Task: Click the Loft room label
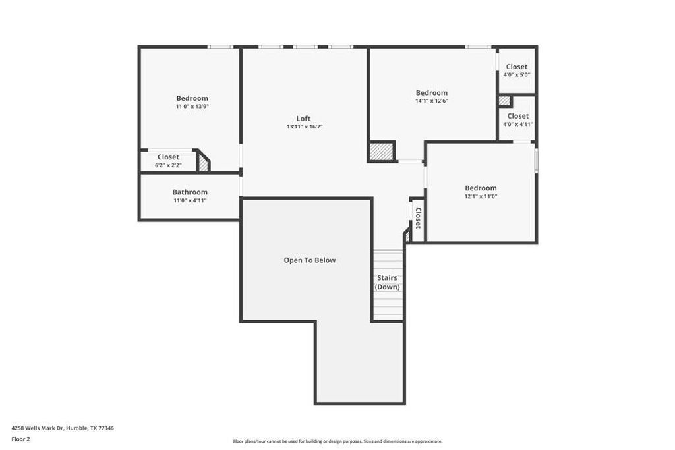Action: (x=303, y=119)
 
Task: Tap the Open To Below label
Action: (x=309, y=260)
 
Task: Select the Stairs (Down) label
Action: (x=388, y=283)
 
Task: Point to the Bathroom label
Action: (x=190, y=192)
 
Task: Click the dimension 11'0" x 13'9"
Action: (x=192, y=107)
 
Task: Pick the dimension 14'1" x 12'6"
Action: (x=432, y=101)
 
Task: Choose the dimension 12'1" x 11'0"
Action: (x=481, y=196)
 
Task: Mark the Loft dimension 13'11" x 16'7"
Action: (x=304, y=127)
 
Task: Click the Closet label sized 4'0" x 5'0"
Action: (x=517, y=67)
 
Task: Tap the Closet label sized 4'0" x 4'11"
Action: (x=517, y=116)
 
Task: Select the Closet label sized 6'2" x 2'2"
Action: (x=168, y=157)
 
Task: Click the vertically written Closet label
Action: (x=417, y=218)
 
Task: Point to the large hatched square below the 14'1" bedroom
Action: (x=381, y=152)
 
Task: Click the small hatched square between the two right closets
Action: (x=504, y=101)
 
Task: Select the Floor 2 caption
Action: (x=20, y=439)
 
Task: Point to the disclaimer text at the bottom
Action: (x=337, y=441)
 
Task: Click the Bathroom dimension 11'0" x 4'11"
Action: (x=190, y=200)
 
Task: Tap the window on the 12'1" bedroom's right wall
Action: (x=537, y=161)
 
